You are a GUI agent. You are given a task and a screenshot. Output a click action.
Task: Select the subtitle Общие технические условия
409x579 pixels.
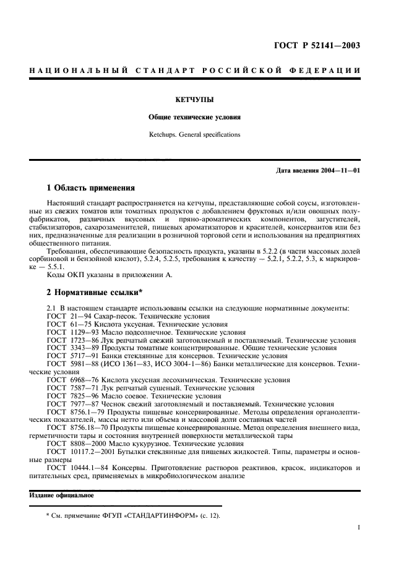coord(194,116)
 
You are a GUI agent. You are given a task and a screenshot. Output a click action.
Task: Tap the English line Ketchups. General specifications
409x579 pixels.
coord(194,134)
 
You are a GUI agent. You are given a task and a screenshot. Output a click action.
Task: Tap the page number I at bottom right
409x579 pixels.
coord(359,528)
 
